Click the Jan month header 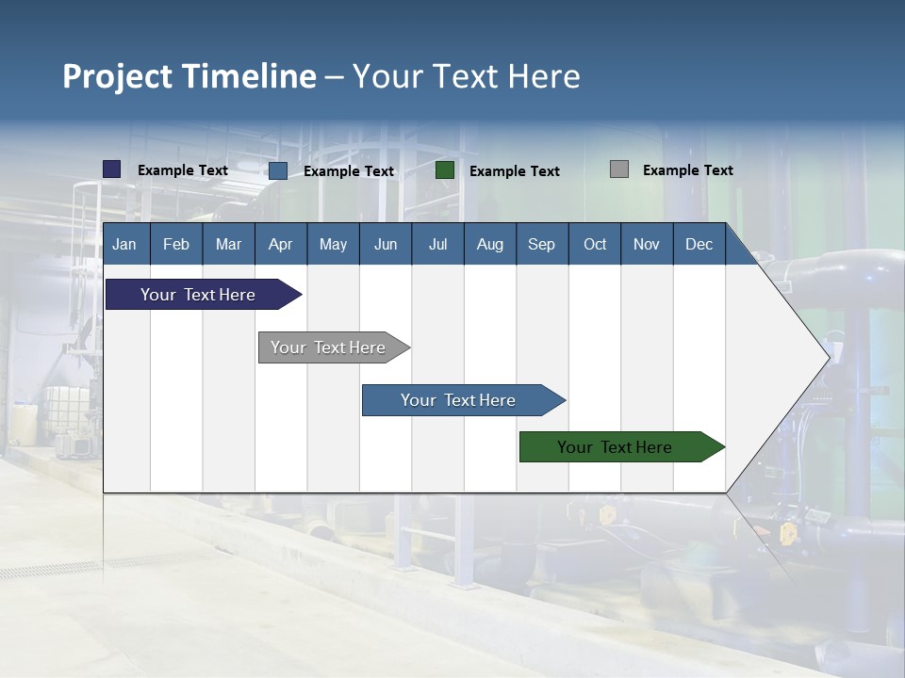tap(124, 244)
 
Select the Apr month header tap(280, 244)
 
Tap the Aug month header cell tap(489, 244)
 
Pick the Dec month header tap(699, 244)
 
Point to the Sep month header tap(541, 244)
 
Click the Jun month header tap(385, 244)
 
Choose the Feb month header tap(176, 244)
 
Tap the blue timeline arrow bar tap(459, 400)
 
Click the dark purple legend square tap(112, 169)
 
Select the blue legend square tap(278, 170)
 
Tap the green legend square tap(445, 170)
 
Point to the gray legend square tap(619, 169)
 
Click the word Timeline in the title tap(248, 76)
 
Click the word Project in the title tap(117, 76)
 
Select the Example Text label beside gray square tap(687, 169)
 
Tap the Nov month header tap(647, 244)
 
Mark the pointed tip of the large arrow tap(829, 357)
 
